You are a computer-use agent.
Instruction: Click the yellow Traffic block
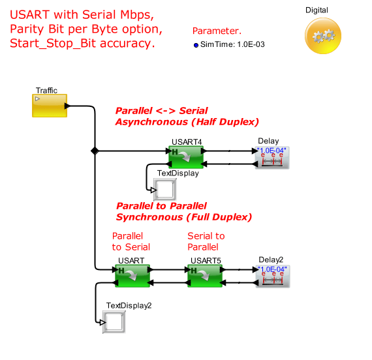50,106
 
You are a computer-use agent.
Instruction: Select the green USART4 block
186,157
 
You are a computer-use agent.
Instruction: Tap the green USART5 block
205,276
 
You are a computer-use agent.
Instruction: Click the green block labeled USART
132,276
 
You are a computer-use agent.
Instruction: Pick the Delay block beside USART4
272,157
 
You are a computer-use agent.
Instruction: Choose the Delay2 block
273,277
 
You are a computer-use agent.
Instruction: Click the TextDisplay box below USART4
165,189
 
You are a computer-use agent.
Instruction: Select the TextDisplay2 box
114,322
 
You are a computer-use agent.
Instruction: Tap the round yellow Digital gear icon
323,36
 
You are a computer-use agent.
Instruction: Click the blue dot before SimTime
196,45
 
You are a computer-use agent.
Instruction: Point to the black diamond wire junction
95,151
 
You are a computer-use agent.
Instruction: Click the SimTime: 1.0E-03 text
232,44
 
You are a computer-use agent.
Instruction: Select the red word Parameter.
217,31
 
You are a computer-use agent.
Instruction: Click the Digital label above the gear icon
317,10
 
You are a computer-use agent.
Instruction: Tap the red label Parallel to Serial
131,241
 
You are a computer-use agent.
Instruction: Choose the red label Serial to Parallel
206,241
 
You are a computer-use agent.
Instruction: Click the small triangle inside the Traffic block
37,98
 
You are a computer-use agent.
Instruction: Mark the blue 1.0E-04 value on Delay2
272,269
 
